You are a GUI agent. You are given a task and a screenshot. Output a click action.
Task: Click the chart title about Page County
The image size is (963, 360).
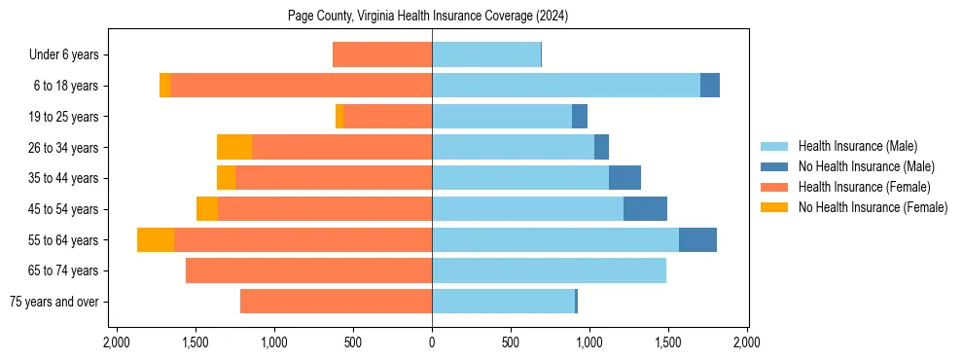(x=428, y=16)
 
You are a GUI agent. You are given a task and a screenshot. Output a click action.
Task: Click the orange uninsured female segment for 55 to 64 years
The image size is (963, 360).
(x=156, y=240)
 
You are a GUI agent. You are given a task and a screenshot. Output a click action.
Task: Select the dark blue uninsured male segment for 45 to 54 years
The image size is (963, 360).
(x=645, y=209)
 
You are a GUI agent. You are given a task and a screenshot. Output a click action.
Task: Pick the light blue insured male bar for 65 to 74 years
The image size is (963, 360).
(x=549, y=270)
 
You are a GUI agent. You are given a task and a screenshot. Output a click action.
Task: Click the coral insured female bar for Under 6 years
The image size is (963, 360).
(x=382, y=55)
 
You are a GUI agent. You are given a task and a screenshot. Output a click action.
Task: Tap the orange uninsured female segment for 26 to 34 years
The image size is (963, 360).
(x=234, y=148)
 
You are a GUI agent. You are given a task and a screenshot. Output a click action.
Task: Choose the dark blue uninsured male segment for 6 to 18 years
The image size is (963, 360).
(x=710, y=86)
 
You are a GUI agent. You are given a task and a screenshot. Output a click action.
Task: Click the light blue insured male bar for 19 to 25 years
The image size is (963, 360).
(x=502, y=117)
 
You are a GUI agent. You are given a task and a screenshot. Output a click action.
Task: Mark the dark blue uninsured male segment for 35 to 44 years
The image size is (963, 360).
(x=624, y=178)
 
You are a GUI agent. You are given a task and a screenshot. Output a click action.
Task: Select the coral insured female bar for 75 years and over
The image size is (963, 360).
(x=336, y=302)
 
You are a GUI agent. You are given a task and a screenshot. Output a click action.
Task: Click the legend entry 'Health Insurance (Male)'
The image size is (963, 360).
(x=857, y=146)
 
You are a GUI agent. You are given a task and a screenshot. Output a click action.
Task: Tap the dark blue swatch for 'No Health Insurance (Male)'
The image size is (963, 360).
(x=774, y=166)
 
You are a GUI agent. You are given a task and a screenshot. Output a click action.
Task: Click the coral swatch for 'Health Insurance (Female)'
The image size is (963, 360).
(x=774, y=187)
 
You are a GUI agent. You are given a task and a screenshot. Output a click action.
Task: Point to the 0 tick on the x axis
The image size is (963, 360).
(x=432, y=342)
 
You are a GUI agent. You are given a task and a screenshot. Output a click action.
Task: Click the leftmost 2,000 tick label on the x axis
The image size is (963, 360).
(x=117, y=342)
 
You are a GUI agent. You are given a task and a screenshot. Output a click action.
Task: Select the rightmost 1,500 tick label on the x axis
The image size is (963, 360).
(x=668, y=342)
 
